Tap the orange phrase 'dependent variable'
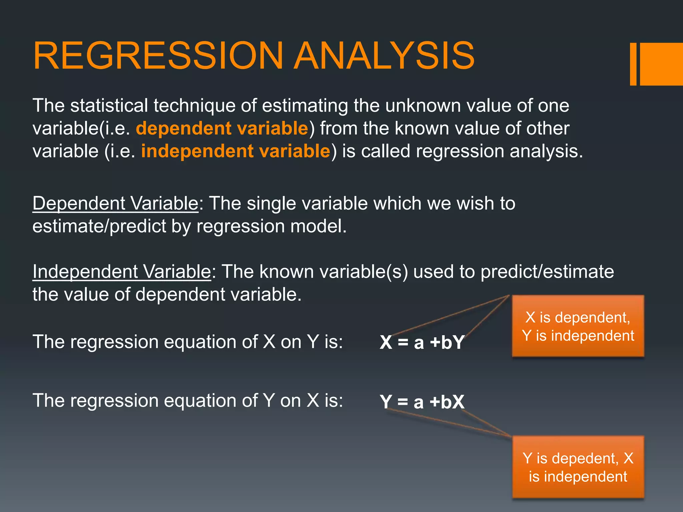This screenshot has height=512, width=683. (x=222, y=129)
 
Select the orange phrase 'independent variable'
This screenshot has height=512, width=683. (x=235, y=151)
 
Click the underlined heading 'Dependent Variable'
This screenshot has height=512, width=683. (x=115, y=203)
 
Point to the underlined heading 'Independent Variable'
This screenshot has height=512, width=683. (x=122, y=272)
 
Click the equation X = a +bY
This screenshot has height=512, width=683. (x=422, y=342)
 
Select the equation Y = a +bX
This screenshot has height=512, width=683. (x=422, y=402)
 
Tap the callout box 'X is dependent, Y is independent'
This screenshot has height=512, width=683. (x=578, y=326)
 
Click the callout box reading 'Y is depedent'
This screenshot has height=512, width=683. (x=578, y=467)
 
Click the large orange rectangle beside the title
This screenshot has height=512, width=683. (x=661, y=64)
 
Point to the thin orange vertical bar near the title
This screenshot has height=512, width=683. (x=633, y=64)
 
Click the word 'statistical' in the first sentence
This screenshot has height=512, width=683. (x=109, y=106)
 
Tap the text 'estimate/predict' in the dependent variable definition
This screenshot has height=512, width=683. (x=99, y=226)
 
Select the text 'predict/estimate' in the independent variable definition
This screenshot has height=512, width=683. (x=547, y=272)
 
